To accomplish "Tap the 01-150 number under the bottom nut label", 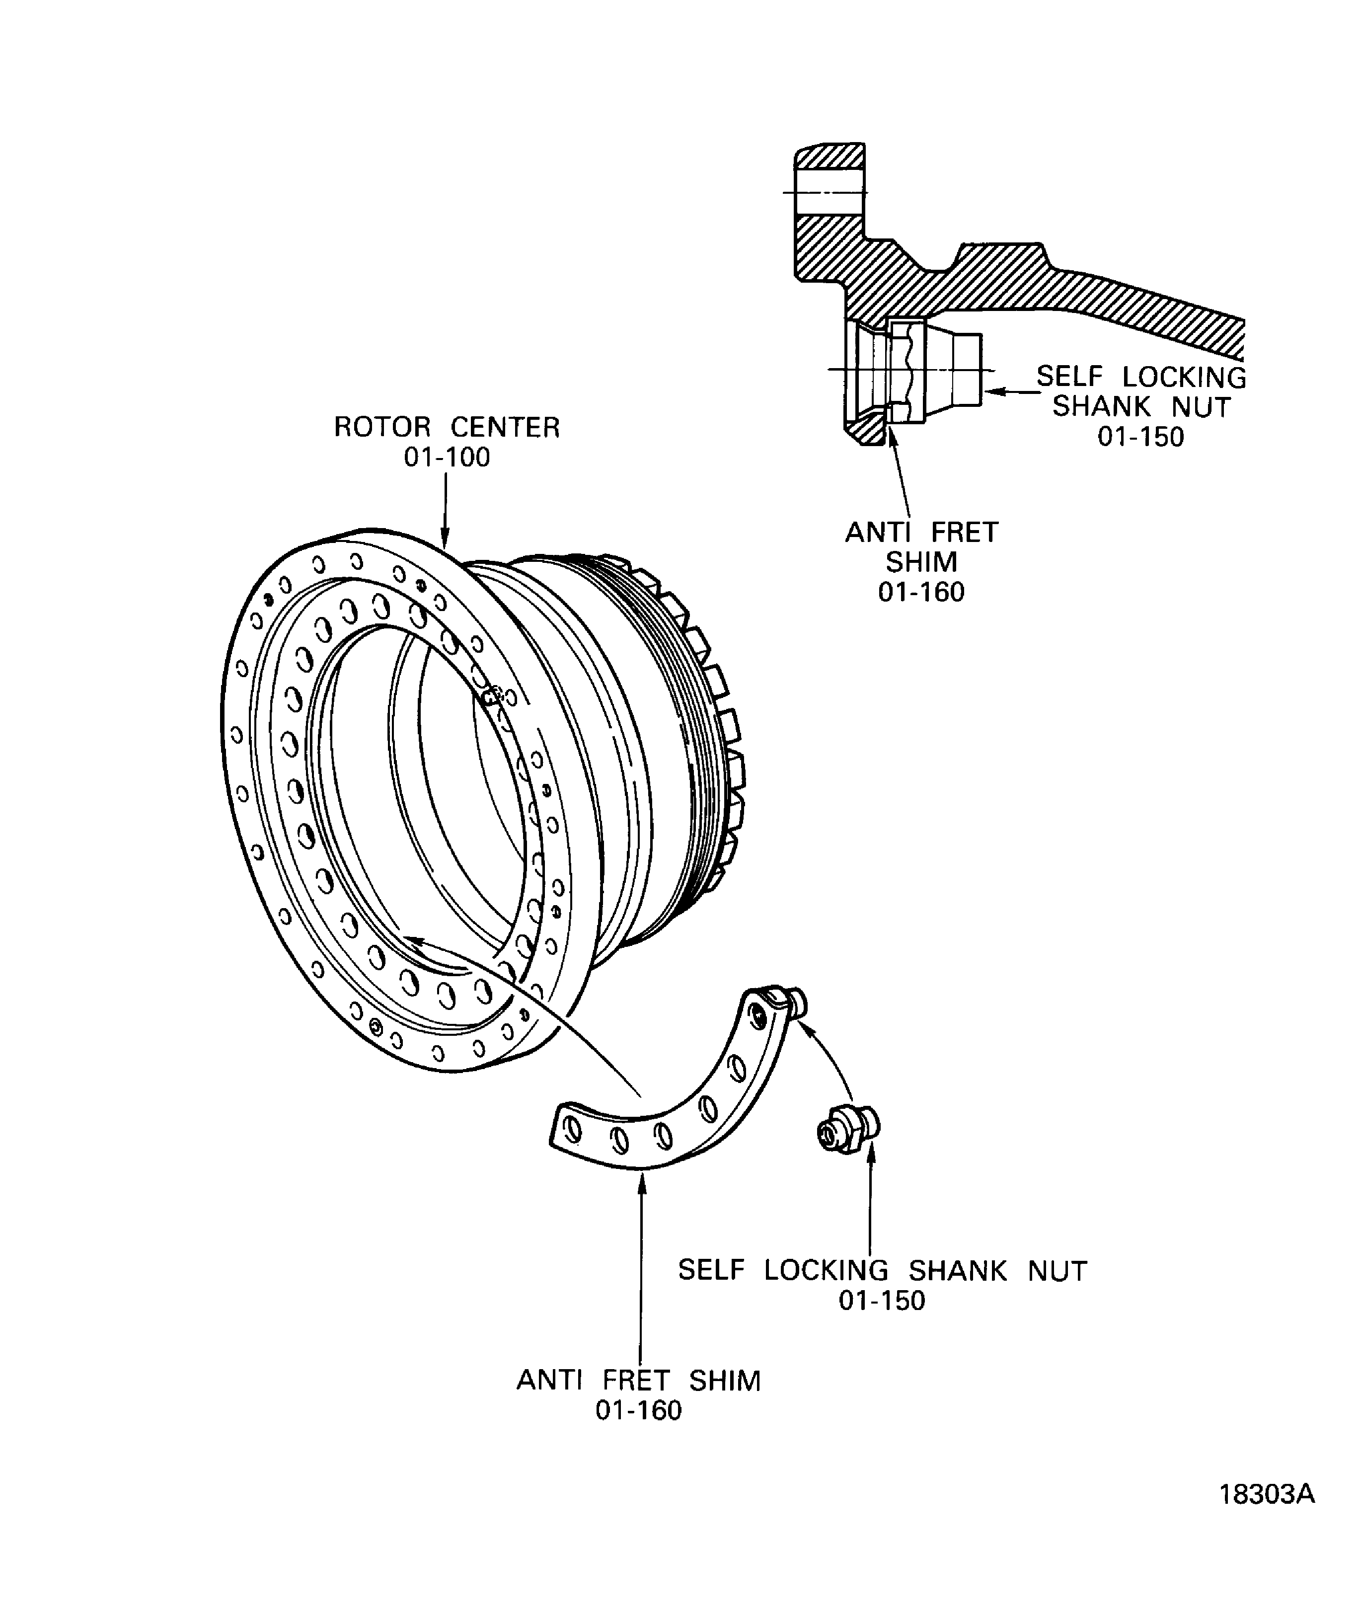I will pos(882,1301).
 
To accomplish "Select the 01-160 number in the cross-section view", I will pos(921,592).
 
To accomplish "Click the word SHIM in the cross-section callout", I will pos(921,562).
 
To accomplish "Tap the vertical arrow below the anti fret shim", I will pos(640,1266).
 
